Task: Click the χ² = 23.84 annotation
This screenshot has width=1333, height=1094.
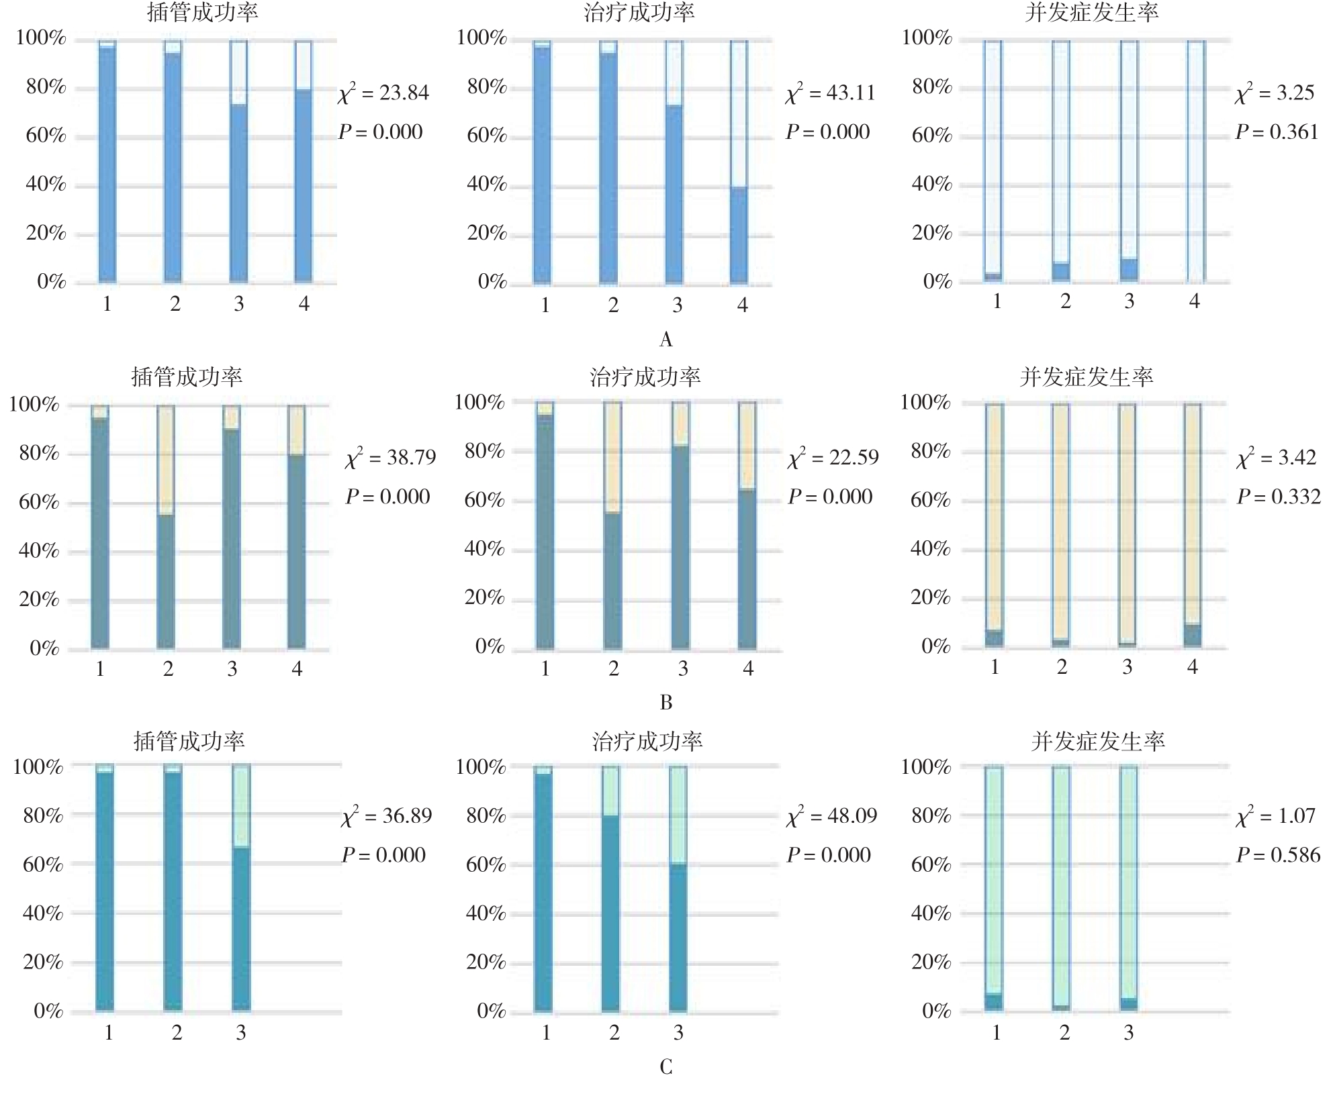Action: coord(383,93)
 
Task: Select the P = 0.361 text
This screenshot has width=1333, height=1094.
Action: coord(1277,132)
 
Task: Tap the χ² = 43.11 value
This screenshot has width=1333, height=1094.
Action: coord(831,93)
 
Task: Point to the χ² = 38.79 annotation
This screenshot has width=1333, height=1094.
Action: coord(390,458)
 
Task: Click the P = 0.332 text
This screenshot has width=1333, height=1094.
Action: coord(1278,497)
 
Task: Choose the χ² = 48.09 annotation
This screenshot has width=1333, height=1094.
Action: coord(831,816)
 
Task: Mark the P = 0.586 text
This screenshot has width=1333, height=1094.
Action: coord(1278,855)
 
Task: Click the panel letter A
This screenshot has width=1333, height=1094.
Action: coord(665,340)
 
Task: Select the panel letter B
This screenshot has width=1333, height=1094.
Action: coord(665,703)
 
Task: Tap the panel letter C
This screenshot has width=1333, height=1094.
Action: coord(665,1066)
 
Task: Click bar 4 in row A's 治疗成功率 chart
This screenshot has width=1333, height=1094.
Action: coord(739,161)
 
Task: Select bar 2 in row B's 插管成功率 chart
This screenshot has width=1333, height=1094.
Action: coord(166,527)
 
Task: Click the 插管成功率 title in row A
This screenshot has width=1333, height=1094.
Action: coord(202,12)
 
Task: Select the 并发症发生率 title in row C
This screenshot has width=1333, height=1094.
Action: coord(1097,741)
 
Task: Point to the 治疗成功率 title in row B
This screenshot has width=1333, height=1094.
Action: coord(645,377)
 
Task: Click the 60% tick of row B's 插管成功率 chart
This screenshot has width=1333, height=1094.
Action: coord(39,502)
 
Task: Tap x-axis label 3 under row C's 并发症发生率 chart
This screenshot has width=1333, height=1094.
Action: coord(1129,1033)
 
